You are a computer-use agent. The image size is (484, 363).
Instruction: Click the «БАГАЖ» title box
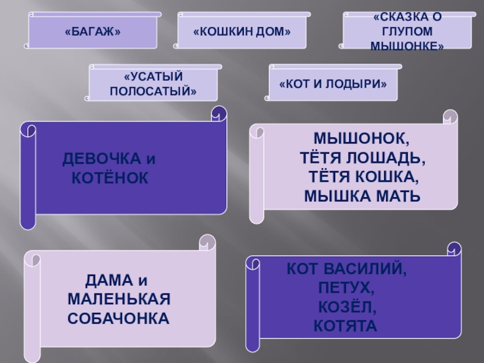click(93, 31)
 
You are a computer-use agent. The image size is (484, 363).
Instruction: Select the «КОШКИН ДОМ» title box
click(242, 31)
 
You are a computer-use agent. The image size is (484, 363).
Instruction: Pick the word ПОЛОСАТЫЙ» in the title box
click(152, 91)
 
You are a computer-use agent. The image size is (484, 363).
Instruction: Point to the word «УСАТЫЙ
click(152, 77)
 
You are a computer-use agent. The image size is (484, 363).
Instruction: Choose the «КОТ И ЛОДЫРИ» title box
click(333, 83)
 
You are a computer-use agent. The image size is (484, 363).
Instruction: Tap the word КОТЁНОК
click(110, 177)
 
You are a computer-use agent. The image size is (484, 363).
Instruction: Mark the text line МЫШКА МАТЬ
click(362, 197)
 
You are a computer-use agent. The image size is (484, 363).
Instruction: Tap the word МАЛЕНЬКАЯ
click(119, 299)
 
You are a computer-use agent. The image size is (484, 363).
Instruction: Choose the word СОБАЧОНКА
click(119, 317)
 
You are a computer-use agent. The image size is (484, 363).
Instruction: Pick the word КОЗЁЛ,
click(347, 307)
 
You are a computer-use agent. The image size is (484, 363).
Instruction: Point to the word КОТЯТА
click(345, 327)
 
